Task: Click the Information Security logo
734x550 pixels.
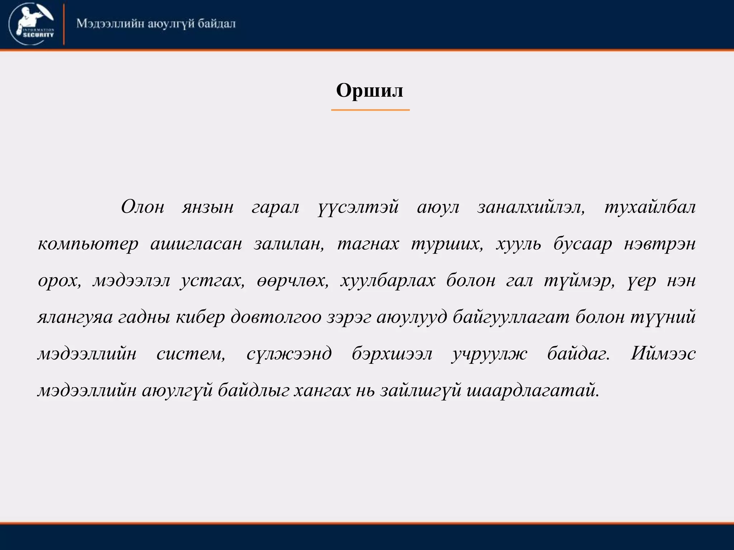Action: [x=32, y=24]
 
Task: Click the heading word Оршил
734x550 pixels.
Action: [x=370, y=90]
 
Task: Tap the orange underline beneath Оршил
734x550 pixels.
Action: [x=370, y=110]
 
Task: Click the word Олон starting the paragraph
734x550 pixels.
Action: [x=143, y=207]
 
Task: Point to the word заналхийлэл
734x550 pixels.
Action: [x=531, y=207]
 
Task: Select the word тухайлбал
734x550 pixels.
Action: [x=650, y=207]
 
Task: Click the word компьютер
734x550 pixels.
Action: [x=88, y=244]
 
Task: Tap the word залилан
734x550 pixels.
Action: [x=289, y=244]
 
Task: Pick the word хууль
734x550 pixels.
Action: [x=518, y=244]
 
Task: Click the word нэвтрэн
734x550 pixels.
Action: [x=659, y=244]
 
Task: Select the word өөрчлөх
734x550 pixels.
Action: [x=292, y=281]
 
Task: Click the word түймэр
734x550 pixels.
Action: [x=579, y=281]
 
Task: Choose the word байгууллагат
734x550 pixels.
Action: [x=511, y=317]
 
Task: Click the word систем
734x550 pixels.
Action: [x=191, y=354]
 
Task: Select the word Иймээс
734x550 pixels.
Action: [x=663, y=354]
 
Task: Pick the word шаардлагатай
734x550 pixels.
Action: [x=533, y=391]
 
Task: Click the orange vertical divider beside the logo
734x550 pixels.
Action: [x=64, y=24]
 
